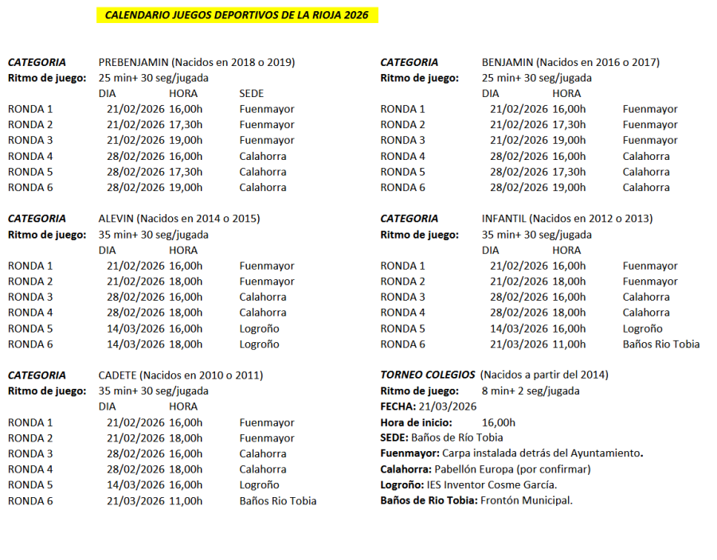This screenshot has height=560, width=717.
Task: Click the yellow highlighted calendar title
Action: coord(237,15)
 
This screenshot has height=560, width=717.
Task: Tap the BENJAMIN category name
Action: coord(507,62)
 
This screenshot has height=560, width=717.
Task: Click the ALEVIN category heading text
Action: coord(116,218)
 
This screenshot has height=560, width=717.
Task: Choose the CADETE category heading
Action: coord(118,375)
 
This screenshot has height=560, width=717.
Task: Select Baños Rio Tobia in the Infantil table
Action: coord(660,344)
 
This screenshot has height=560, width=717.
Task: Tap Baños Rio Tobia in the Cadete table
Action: coord(277,500)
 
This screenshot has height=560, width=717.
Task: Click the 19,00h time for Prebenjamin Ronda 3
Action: coord(186,140)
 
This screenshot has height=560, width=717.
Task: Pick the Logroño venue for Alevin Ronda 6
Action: coord(259,344)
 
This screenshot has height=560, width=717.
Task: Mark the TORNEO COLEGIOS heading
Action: coord(428,375)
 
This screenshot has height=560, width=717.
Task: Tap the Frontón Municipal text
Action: coord(526,500)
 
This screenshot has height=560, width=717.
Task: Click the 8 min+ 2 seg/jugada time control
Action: coord(531,391)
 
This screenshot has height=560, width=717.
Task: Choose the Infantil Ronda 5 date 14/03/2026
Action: coord(519,328)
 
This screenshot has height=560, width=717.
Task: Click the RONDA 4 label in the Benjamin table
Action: coord(402,156)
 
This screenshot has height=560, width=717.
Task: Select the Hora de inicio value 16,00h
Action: coord(499,422)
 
